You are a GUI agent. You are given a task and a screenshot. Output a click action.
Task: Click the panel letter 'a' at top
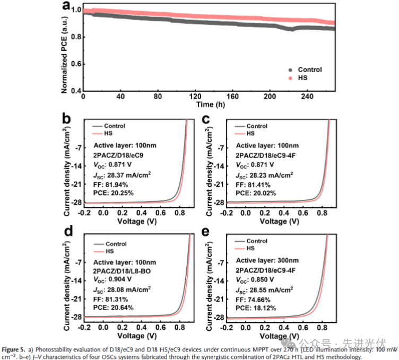click(66, 6)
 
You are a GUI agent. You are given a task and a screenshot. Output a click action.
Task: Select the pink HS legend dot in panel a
click(290, 78)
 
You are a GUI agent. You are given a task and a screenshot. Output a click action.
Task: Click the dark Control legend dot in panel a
click(290, 69)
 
